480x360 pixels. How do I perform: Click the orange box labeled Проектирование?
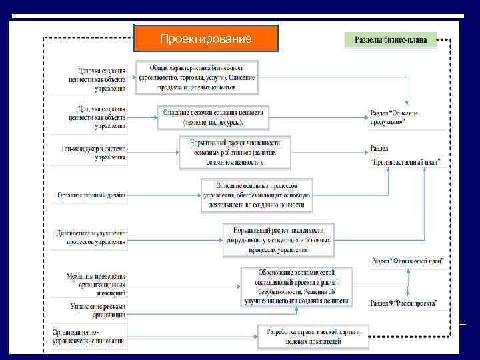point(205,39)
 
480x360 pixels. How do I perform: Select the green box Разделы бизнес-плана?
point(391,40)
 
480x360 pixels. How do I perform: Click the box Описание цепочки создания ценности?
point(213,117)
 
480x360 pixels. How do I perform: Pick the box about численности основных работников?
point(235,152)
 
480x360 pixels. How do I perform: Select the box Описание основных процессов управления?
point(256,195)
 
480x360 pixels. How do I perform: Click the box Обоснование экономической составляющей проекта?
point(295,287)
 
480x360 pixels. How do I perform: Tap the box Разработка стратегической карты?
point(313,336)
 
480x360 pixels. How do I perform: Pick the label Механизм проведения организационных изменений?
point(96,283)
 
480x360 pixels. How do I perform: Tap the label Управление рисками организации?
point(98,310)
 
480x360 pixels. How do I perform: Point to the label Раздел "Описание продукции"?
point(395,117)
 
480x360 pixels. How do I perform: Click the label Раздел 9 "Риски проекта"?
point(404,303)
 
